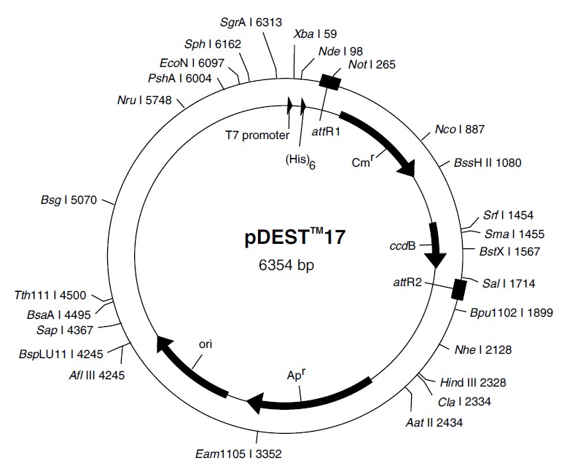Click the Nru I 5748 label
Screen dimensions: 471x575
click(144, 100)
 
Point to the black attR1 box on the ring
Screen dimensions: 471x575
click(329, 82)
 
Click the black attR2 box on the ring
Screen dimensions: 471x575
click(458, 288)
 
